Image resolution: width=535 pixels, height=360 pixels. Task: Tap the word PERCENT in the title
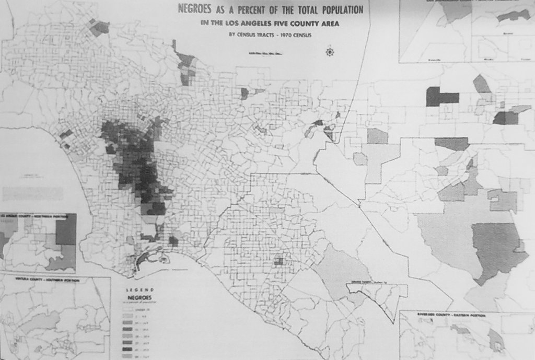pyautogui.click(x=245, y=9)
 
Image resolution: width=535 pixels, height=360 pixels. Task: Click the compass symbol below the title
pyautogui.click(x=329, y=52)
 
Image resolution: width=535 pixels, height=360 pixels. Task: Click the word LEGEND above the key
pyautogui.click(x=141, y=289)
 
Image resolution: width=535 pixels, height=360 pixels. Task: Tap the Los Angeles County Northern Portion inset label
pyautogui.click(x=37, y=215)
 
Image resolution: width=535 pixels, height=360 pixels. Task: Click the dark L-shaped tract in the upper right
pyautogui.click(x=441, y=97)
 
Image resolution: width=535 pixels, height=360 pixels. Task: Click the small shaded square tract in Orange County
pyautogui.click(x=279, y=261)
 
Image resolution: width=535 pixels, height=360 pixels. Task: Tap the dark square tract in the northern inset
pyautogui.click(x=66, y=229)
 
